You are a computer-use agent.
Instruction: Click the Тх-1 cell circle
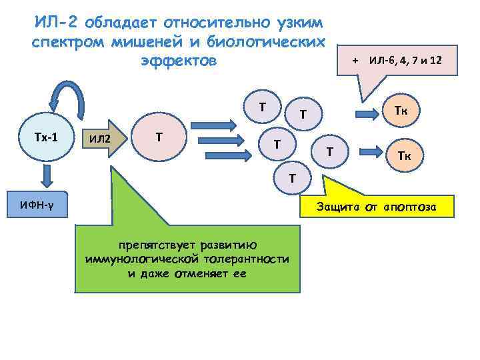(x=45, y=137)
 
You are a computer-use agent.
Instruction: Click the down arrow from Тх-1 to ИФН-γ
(x=45, y=175)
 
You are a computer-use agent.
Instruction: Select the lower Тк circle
(x=403, y=155)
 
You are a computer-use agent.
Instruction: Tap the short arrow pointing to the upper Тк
(x=367, y=112)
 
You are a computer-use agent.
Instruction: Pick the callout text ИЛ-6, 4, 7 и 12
(x=405, y=61)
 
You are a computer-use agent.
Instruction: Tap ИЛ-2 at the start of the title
(x=56, y=23)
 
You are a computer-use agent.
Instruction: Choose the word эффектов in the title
(x=179, y=61)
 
